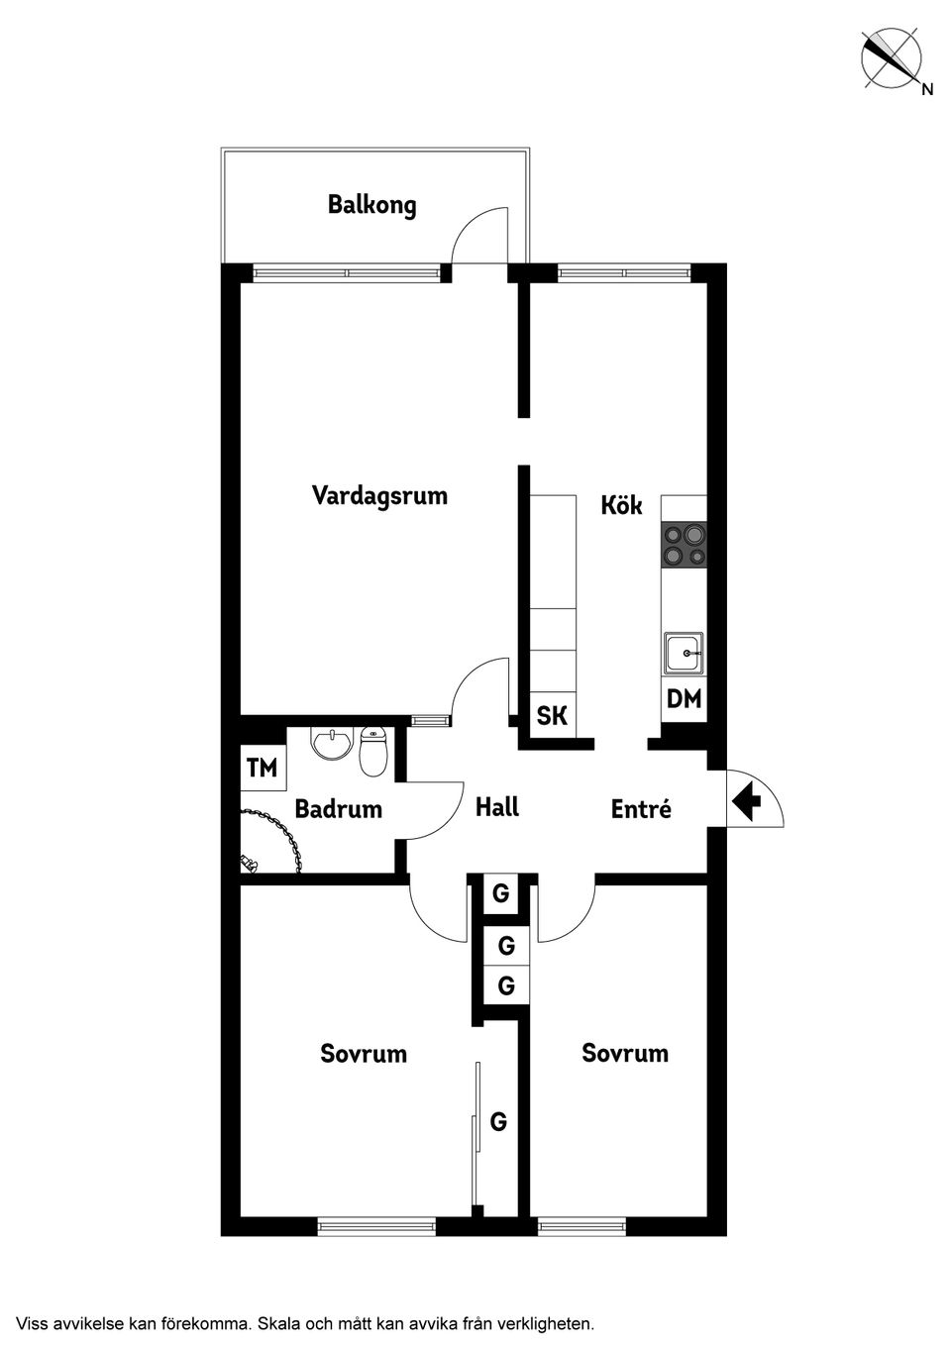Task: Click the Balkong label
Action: click(x=371, y=205)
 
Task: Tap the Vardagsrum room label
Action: click(x=379, y=494)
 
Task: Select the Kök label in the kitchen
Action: click(x=621, y=505)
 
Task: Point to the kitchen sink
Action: click(x=684, y=654)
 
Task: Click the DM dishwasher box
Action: click(x=684, y=699)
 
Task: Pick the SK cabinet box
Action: click(x=552, y=715)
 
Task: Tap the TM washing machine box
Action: click(x=263, y=768)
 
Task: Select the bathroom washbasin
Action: click(x=330, y=743)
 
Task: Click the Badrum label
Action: click(x=338, y=809)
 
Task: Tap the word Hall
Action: click(x=496, y=807)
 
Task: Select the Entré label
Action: click(x=641, y=809)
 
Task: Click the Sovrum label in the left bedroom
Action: click(x=364, y=1053)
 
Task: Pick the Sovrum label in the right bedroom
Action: click(x=624, y=1053)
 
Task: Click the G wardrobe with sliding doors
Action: click(x=498, y=1122)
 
